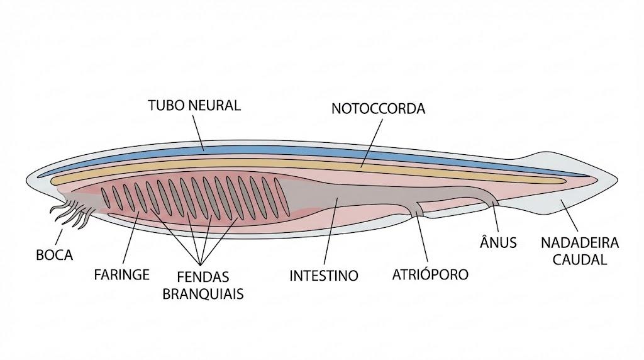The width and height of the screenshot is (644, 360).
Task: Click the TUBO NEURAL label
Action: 194,106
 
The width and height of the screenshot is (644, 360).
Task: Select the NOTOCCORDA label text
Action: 378,109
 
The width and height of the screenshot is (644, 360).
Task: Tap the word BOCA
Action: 55,255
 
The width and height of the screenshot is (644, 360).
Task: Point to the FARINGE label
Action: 121,274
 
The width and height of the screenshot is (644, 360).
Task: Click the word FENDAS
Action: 203,276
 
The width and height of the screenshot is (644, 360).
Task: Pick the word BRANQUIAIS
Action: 203,295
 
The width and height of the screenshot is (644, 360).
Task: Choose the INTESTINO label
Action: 324,276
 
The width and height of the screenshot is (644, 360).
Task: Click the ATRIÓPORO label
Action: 430,274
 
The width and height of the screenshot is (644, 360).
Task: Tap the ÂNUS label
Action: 498,242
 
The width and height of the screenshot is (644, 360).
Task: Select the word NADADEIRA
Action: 579,243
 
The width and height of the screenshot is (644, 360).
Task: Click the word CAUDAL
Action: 579,260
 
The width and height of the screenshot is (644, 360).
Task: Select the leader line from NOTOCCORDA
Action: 371,143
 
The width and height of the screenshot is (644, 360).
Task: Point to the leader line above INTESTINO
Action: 331,232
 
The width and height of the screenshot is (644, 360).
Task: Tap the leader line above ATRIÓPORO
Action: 422,237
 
